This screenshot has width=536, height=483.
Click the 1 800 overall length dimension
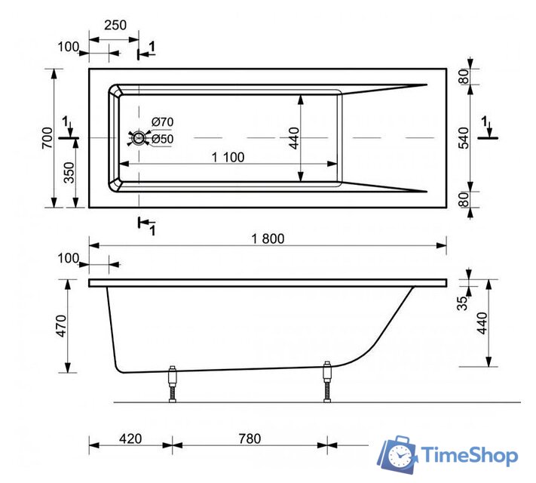click(268, 238)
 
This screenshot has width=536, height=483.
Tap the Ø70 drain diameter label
click(162, 122)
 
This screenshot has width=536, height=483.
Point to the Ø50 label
click(162, 139)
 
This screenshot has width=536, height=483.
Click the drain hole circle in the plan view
click(139, 138)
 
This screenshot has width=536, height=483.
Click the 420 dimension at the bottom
click(131, 438)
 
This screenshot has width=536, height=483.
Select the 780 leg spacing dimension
click(250, 438)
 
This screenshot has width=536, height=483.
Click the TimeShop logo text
click(469, 456)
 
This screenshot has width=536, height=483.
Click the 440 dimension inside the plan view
click(294, 138)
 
